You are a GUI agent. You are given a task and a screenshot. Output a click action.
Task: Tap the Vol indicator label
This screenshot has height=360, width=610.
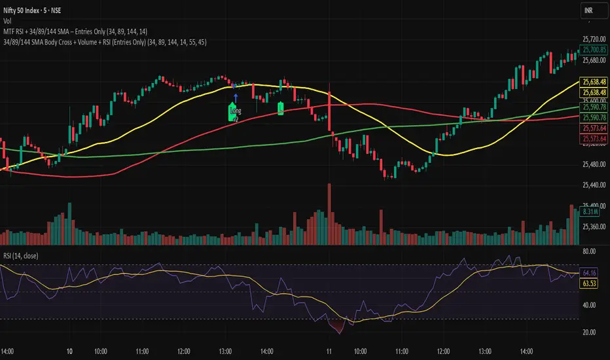pos(8,20)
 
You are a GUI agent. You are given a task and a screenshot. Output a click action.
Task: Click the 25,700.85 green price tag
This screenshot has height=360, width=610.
pos(592,50)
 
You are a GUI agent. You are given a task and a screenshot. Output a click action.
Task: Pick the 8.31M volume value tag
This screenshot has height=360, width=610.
pos(591,212)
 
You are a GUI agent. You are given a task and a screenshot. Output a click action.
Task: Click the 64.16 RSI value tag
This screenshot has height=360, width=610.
pos(590,273)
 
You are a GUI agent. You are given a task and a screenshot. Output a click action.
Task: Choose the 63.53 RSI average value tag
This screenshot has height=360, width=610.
pos(590,283)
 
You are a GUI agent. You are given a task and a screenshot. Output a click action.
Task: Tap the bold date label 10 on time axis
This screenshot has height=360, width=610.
pos(69,351)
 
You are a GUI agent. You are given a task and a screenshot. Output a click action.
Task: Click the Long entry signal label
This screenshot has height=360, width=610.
pos(234,113)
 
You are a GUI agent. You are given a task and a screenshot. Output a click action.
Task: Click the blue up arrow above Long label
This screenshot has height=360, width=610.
pos(234,98)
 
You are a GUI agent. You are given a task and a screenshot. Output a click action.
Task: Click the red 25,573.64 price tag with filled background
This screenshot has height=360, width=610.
pos(592,138)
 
